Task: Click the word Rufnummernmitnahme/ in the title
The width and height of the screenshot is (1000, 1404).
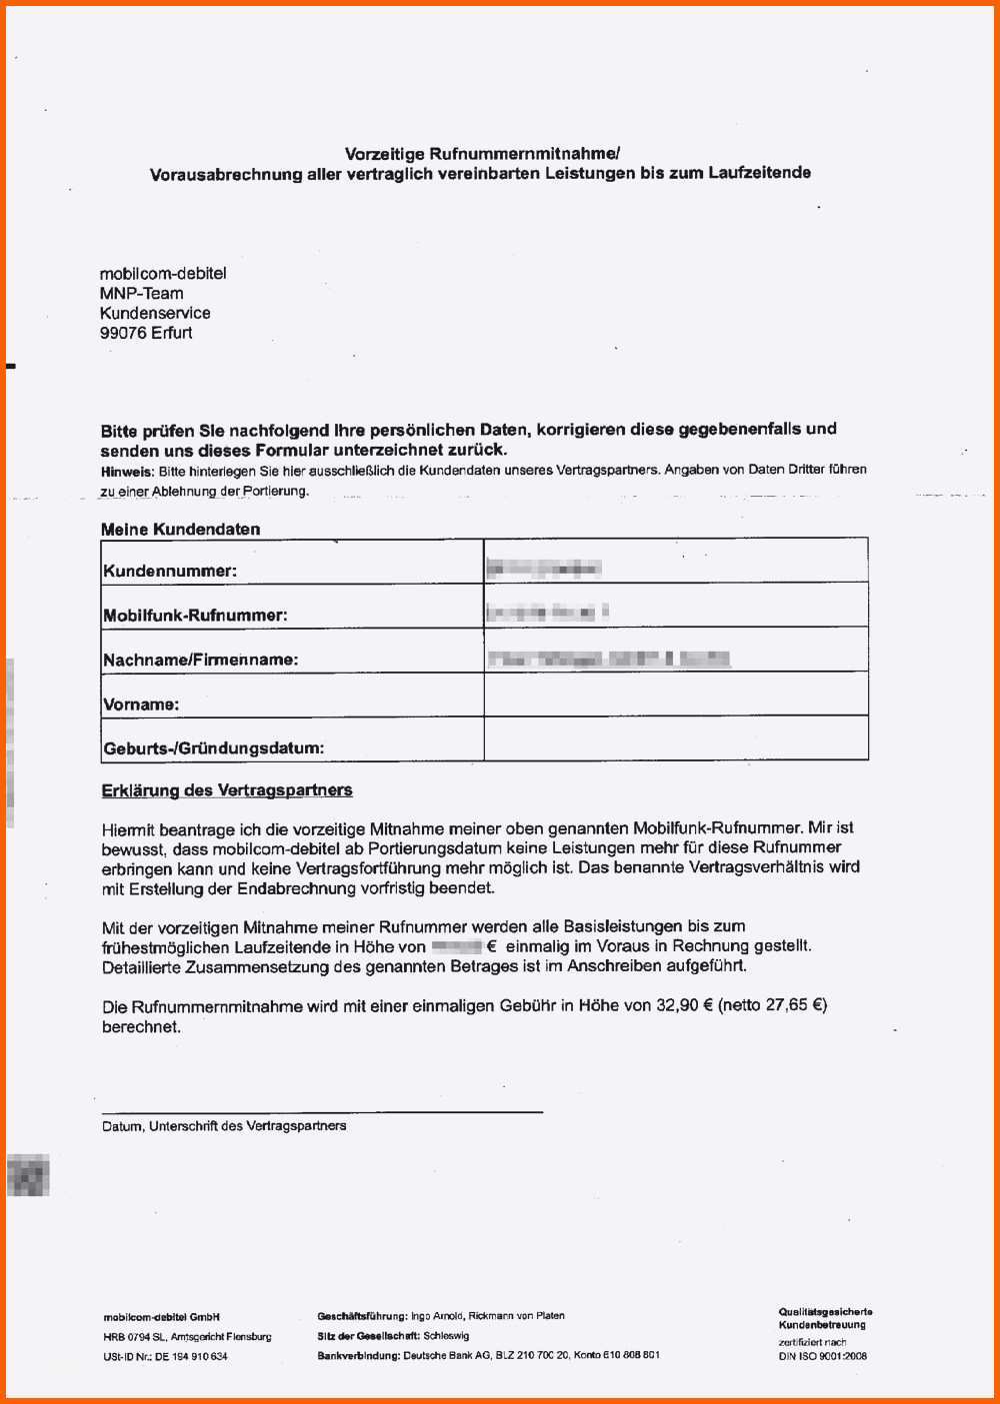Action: click(524, 154)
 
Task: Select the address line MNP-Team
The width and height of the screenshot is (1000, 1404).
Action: click(141, 293)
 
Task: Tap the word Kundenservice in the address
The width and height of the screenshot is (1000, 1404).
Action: click(155, 313)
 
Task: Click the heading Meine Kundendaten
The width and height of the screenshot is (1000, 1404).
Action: click(180, 530)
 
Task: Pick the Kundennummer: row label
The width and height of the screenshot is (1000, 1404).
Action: click(170, 572)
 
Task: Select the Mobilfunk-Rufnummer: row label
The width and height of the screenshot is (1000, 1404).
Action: click(195, 616)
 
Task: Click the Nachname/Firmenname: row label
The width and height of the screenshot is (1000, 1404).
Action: click(200, 660)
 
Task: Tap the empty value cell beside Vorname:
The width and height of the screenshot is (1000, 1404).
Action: click(675, 695)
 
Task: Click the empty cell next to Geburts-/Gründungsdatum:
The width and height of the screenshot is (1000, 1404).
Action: click(675, 738)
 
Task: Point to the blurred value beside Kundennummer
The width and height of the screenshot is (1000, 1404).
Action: click(543, 570)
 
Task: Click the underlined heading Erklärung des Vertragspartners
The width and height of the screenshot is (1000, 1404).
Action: click(227, 790)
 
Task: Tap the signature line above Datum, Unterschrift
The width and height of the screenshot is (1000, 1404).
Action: click(322, 1111)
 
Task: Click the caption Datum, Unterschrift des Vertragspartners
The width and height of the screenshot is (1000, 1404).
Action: click(224, 1126)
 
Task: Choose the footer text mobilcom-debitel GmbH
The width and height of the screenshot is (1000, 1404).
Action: click(161, 1317)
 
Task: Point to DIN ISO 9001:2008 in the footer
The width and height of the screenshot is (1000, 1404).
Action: click(822, 1356)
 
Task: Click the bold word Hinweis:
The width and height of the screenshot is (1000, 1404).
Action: click(127, 471)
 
